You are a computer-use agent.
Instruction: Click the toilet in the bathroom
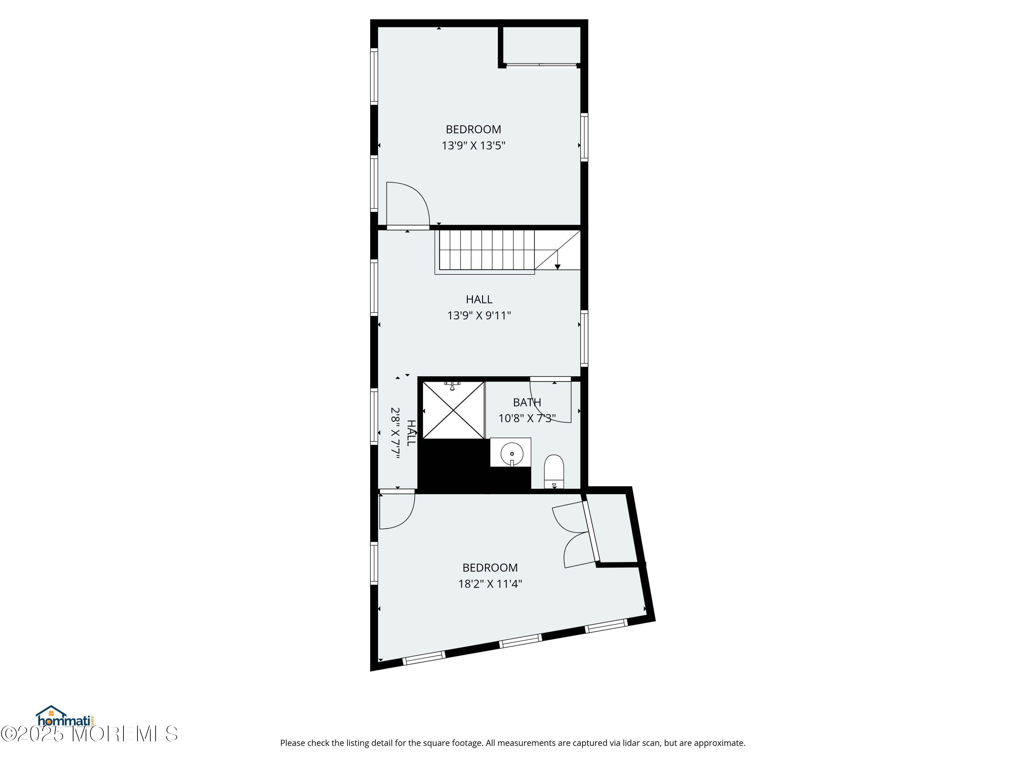point(554,471)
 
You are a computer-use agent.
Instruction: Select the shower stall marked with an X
point(453,410)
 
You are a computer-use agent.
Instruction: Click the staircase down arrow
point(557,259)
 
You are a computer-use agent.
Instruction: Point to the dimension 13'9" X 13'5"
point(473,146)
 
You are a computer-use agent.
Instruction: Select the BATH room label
point(527,402)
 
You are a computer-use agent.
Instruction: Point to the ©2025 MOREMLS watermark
point(89,733)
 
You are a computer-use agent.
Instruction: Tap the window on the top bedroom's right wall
point(584,137)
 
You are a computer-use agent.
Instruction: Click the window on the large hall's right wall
point(584,339)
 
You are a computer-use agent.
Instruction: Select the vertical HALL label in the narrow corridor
point(411,433)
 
